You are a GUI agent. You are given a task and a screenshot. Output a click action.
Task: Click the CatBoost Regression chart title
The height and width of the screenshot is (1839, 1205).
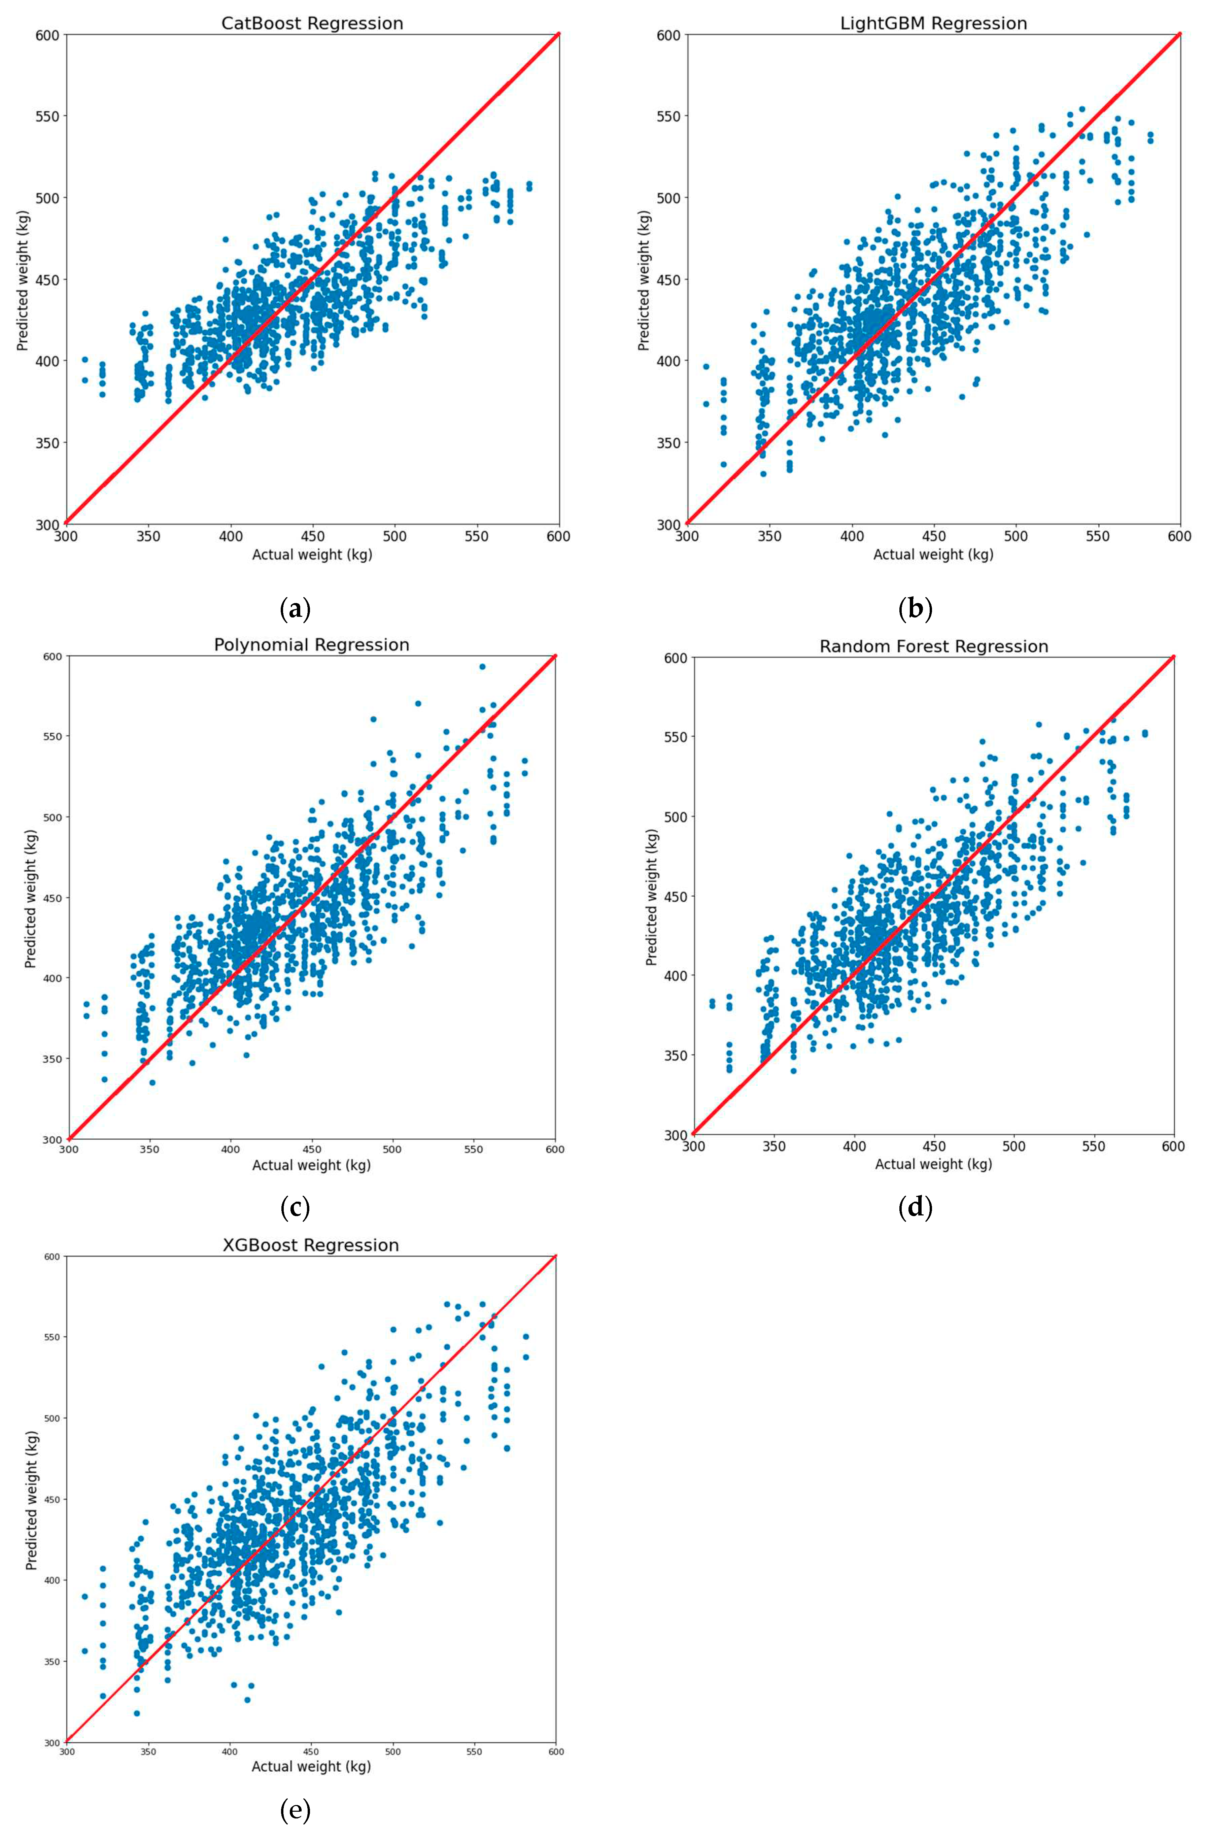(312, 23)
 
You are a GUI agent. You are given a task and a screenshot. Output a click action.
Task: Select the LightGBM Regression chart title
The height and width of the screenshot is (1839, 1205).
(933, 23)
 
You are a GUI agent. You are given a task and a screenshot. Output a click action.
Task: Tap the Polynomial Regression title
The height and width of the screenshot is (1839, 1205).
(311, 644)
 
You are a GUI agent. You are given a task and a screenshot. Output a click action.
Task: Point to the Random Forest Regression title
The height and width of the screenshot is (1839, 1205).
(933, 646)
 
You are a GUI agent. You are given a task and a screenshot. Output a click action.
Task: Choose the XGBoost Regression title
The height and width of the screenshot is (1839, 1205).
(311, 1245)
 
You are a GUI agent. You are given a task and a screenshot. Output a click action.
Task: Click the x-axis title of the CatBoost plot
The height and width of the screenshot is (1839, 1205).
(312, 554)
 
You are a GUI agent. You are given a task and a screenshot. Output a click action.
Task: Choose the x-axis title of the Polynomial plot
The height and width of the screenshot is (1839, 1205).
(311, 1165)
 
